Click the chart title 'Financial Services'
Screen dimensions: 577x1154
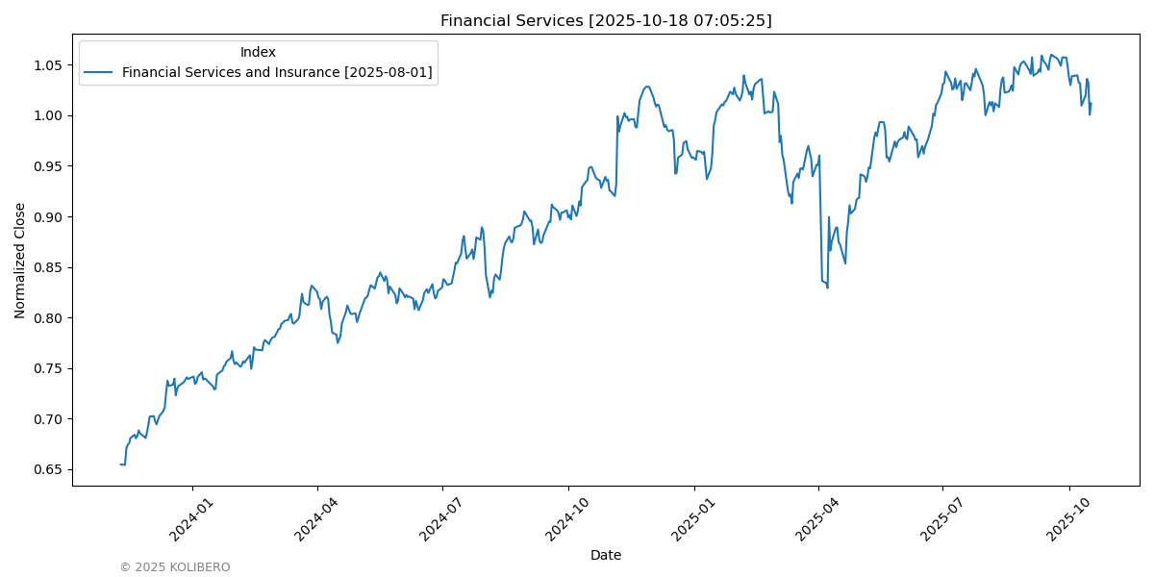tap(606, 20)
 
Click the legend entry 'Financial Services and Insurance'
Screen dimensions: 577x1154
tap(277, 72)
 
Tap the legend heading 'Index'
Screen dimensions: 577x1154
tap(258, 52)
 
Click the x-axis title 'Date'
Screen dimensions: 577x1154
tap(606, 555)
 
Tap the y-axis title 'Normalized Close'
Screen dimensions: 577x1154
tap(20, 260)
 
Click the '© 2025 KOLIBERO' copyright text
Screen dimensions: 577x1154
tap(175, 567)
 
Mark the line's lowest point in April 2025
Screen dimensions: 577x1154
tap(827, 288)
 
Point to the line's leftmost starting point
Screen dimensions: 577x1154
tap(120, 464)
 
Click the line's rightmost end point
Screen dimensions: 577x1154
tap(1091, 103)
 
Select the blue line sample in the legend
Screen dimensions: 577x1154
tap(98, 72)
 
